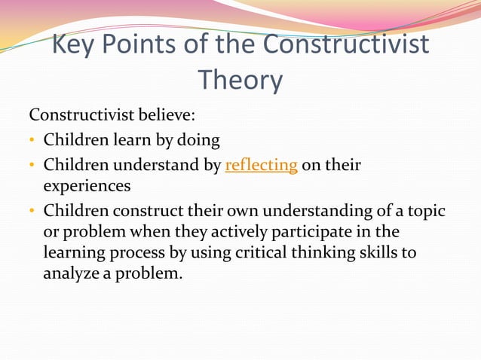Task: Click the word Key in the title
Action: pos(75,45)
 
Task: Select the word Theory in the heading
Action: pos(240,79)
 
